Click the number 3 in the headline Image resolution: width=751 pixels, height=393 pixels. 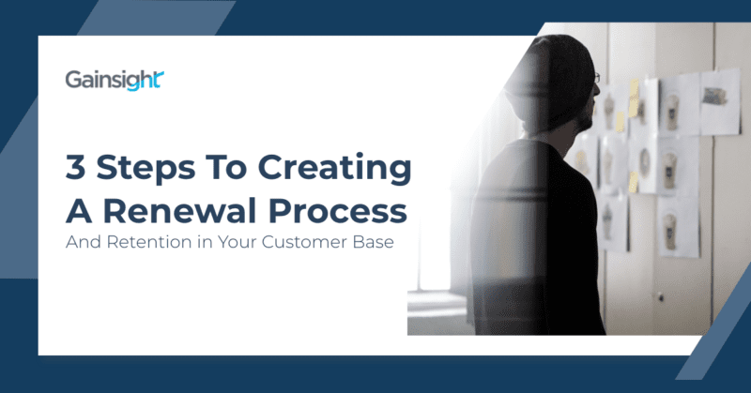(76, 171)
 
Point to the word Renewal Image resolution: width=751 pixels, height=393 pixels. (183, 210)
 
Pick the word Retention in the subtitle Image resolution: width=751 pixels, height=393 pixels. (144, 242)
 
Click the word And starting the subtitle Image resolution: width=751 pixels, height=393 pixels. (82, 242)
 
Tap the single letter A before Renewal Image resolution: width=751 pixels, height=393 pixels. (78, 210)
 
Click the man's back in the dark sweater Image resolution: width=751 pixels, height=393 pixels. (535, 225)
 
